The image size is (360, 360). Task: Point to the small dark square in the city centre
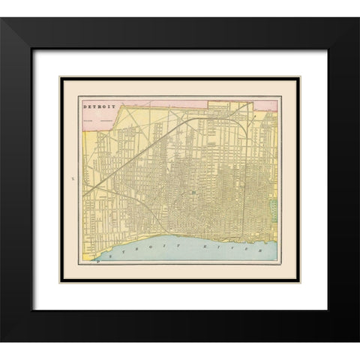pyautogui.click(x=192, y=192)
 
